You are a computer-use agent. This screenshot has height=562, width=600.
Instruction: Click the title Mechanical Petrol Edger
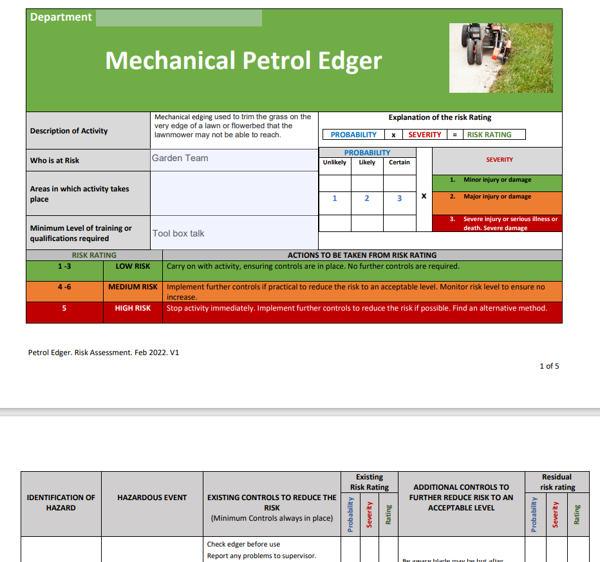click(x=243, y=61)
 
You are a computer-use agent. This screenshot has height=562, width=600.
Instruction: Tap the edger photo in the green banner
click(x=501, y=58)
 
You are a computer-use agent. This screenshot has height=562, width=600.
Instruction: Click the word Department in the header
click(x=61, y=17)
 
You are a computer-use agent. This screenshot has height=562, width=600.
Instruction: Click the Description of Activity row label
click(x=69, y=131)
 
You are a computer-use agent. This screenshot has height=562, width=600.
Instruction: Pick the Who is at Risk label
click(x=55, y=160)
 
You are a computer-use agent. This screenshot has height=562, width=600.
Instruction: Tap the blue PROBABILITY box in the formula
click(x=353, y=135)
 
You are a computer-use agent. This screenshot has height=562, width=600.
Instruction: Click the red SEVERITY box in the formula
click(x=425, y=135)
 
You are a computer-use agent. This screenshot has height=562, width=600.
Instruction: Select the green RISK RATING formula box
click(x=489, y=135)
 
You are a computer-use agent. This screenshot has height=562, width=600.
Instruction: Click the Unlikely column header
click(x=335, y=162)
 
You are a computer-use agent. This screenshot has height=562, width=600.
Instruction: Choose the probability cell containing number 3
click(x=399, y=199)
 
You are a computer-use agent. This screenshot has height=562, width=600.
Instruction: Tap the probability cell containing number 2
click(x=367, y=199)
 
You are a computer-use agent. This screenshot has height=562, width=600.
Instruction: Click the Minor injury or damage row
click(x=497, y=180)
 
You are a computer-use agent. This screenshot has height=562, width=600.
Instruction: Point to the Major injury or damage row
click(x=497, y=197)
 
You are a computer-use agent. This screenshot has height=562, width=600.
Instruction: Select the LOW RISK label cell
click(x=133, y=266)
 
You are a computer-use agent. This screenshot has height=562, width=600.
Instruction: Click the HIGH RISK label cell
click(x=133, y=308)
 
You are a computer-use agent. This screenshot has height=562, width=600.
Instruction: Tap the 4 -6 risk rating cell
click(x=64, y=287)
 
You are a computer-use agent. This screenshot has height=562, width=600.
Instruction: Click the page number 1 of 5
click(x=549, y=366)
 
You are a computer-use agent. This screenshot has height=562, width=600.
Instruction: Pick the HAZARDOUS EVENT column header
click(x=152, y=498)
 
